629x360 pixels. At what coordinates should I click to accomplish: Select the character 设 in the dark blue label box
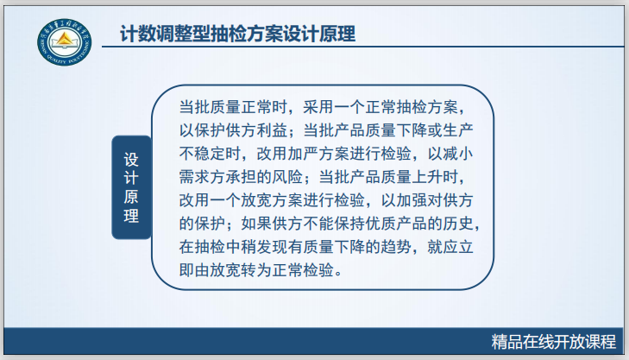pos(131,159)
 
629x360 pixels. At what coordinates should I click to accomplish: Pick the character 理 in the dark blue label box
pos(131,216)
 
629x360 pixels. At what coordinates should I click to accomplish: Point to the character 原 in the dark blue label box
pos(131,197)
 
